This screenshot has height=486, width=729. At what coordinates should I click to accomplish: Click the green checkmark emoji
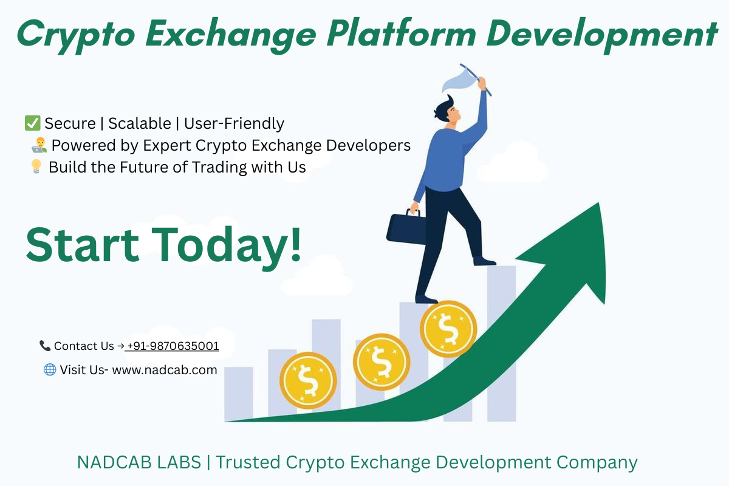point(33,123)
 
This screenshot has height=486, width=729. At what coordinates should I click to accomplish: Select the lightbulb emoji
point(36,166)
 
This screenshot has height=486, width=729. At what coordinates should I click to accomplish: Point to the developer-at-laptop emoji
point(39,145)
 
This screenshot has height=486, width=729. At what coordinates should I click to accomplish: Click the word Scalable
point(140,123)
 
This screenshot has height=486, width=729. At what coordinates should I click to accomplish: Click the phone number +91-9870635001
point(172,346)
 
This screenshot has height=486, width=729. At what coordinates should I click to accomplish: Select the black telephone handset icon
point(45,346)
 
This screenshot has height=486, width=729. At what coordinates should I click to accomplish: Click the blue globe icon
point(50,370)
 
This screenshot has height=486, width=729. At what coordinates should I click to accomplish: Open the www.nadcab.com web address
point(165,370)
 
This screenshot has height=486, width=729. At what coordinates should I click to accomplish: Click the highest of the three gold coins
point(448,329)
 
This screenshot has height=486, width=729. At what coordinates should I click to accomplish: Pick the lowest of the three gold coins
point(308,380)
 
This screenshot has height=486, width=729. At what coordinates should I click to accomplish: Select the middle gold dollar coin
point(382,362)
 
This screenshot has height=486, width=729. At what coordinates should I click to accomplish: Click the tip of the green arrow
point(598,203)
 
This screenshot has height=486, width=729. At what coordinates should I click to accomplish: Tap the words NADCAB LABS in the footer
point(139,462)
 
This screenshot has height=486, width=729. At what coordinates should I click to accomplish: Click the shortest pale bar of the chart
point(239,394)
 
